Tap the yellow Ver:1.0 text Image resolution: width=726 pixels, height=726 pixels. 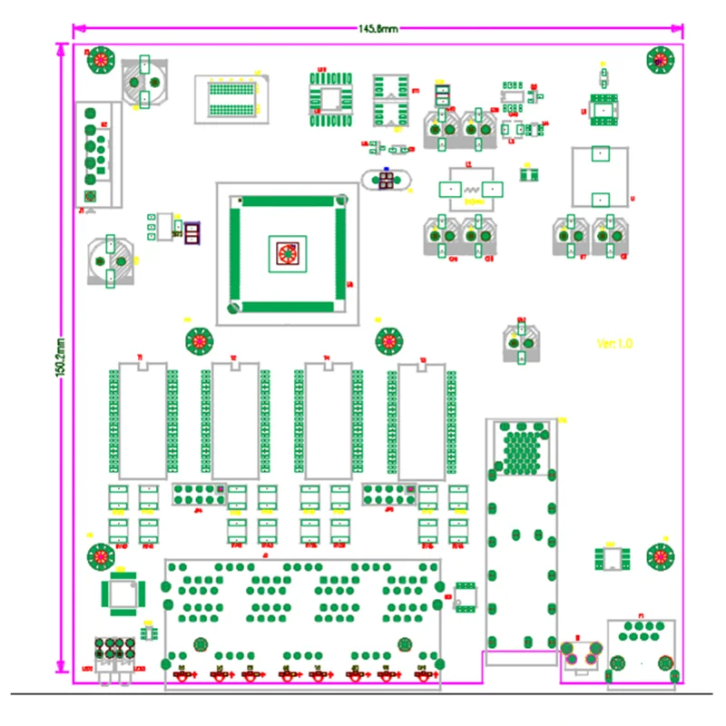click(x=614, y=343)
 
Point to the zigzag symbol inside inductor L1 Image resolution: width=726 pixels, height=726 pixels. click(x=471, y=190)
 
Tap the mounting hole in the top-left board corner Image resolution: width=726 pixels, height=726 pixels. click(x=101, y=60)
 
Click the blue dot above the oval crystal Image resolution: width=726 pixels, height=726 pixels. click(x=387, y=170)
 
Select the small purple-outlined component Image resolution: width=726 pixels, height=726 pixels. click(x=191, y=232)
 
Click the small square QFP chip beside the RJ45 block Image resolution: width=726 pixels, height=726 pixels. click(x=122, y=593)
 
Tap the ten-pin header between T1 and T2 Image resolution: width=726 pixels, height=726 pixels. click(x=198, y=495)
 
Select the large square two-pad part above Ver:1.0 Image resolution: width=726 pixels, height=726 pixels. click(x=599, y=176)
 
